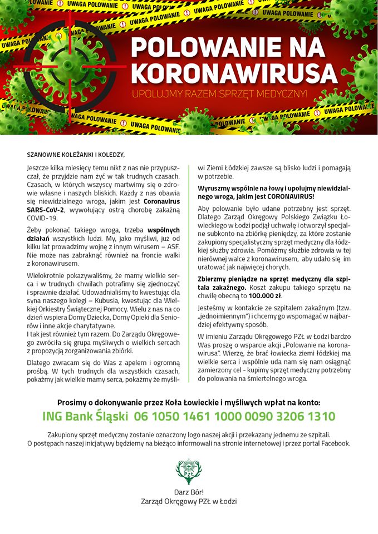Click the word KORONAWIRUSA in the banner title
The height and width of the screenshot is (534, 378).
pyautogui.click(x=234, y=73)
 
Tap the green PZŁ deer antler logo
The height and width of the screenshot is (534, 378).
pyautogui.click(x=189, y=471)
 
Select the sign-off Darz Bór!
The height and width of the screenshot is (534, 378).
pyautogui.click(x=189, y=492)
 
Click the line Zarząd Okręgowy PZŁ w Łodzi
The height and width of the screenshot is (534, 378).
pyautogui.click(x=189, y=501)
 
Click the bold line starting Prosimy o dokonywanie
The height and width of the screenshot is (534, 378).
pyautogui.click(x=189, y=402)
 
